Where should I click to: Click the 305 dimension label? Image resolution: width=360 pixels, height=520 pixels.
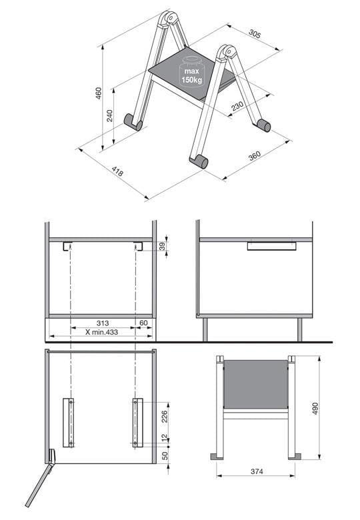click(255, 34)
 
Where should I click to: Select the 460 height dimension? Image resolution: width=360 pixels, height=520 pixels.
click(99, 94)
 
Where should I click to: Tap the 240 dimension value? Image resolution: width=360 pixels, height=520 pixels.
click(110, 116)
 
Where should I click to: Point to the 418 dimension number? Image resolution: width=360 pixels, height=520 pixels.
click(117, 171)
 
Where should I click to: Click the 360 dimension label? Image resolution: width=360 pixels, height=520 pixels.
click(255, 155)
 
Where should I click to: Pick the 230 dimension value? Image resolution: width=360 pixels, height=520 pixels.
click(237, 106)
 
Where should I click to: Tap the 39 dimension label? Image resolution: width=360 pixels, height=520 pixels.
click(162, 246)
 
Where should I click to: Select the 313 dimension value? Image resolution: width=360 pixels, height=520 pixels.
click(103, 323)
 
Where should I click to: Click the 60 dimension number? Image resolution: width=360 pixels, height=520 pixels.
click(143, 323)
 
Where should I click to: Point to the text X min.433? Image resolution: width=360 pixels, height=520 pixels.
click(102, 332)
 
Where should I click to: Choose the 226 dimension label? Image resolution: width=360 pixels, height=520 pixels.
click(165, 417)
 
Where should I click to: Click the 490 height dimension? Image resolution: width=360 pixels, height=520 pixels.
click(315, 408)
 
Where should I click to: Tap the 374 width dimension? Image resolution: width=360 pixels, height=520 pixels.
click(257, 471)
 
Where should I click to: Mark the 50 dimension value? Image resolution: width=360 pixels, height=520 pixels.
click(165, 455)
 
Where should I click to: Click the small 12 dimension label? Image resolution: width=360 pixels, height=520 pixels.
click(165, 439)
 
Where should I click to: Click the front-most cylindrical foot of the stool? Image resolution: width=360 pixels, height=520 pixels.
click(199, 161)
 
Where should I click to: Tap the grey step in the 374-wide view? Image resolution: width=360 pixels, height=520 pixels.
click(255, 385)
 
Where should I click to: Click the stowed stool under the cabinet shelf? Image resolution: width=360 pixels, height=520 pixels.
click(271, 246)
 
